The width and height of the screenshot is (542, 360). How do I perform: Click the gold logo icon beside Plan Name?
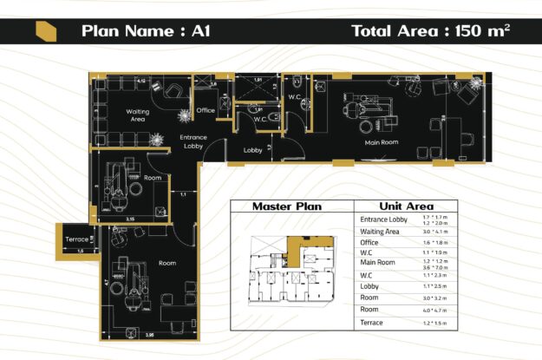coord(46,31)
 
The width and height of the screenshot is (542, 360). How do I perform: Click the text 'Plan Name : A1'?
coord(146,31)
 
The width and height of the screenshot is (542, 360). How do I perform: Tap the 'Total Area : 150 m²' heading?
coord(430,31)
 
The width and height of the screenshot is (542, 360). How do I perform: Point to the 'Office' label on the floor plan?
coord(206,110)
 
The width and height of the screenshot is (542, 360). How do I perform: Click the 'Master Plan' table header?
coord(287,206)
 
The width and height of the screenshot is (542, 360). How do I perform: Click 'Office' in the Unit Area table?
coord(369,244)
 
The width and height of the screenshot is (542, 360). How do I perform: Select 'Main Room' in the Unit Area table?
coord(378,263)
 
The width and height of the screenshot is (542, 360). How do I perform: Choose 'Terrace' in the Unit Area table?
coord(372,323)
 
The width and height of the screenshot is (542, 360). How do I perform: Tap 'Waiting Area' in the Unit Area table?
coord(380,232)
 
